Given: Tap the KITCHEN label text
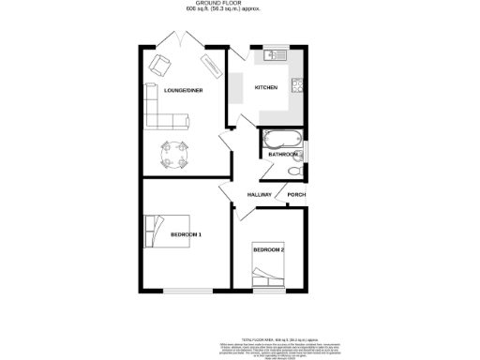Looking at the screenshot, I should [x=267, y=88].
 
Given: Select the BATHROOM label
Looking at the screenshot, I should [x=283, y=154].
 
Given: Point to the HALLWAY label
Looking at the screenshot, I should [x=259, y=195].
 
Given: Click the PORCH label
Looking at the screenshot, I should [x=296, y=195].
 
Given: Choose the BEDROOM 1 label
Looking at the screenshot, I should [x=186, y=233].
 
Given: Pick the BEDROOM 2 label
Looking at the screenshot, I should [x=268, y=249].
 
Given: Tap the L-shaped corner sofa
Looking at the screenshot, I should [x=160, y=111].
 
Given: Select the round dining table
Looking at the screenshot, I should [x=173, y=151].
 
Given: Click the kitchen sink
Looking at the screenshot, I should [x=277, y=55].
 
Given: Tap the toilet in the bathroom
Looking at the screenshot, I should [x=296, y=170].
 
